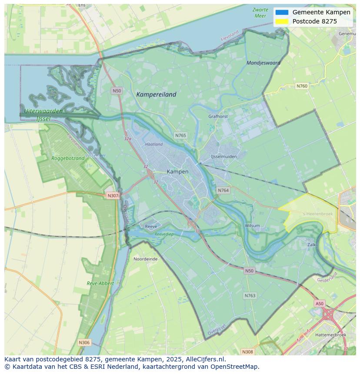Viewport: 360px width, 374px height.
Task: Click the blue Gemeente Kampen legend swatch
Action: [x=282, y=13]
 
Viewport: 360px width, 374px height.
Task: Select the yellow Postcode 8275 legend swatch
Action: [x=282, y=21]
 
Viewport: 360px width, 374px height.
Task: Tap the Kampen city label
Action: [x=177, y=172]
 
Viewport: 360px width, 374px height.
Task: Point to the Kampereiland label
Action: [x=156, y=94]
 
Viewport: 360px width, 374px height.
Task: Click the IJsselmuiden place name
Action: [x=224, y=156]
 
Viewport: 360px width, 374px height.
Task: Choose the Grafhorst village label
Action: [x=218, y=116]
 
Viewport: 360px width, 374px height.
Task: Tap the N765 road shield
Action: [x=180, y=136]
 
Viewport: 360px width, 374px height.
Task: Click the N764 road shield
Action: [x=223, y=190]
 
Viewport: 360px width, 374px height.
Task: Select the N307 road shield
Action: [x=113, y=195]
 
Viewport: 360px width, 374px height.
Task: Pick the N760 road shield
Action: [x=302, y=86]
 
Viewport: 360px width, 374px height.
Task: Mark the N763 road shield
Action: [x=250, y=295]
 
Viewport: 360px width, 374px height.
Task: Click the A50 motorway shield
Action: [x=320, y=304]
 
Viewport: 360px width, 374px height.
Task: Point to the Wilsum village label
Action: [x=252, y=225]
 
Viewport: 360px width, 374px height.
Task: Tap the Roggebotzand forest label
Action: [x=68, y=159]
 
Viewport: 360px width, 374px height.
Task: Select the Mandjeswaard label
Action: [x=263, y=63]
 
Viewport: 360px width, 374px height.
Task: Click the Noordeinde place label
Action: [x=146, y=259]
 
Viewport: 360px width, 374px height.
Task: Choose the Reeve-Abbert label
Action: [x=100, y=283]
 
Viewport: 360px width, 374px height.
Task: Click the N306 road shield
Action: [x=84, y=343]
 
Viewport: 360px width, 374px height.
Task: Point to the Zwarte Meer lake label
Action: [x=260, y=13]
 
